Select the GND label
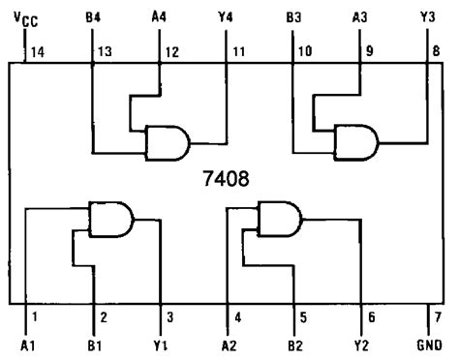click(x=428, y=345)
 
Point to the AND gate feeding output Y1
click(x=110, y=218)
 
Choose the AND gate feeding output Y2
click(x=278, y=218)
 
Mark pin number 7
click(x=437, y=315)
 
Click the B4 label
click(x=93, y=17)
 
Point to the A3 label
click(x=361, y=17)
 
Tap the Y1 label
click(x=161, y=345)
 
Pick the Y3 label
click(x=428, y=17)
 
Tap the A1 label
click(x=26, y=345)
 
